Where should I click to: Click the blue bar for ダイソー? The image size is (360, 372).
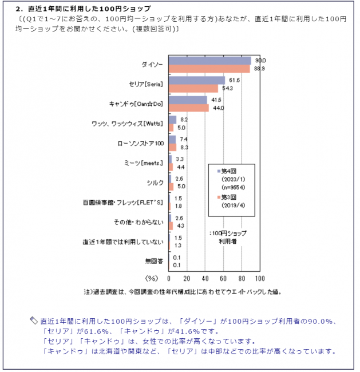pos(209,61)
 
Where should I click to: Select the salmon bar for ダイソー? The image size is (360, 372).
pos(209,69)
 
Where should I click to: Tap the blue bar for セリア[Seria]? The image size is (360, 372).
pos(196,81)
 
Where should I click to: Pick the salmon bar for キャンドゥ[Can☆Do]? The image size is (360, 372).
pos(188,108)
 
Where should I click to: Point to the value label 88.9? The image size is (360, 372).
pos(259,69)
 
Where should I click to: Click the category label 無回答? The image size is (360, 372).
pos(154,261)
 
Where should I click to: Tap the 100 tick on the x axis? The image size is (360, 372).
pos(259,279)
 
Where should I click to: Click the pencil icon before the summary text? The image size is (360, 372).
pos(34,320)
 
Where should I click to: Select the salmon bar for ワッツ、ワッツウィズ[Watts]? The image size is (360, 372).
pos(171,127)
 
